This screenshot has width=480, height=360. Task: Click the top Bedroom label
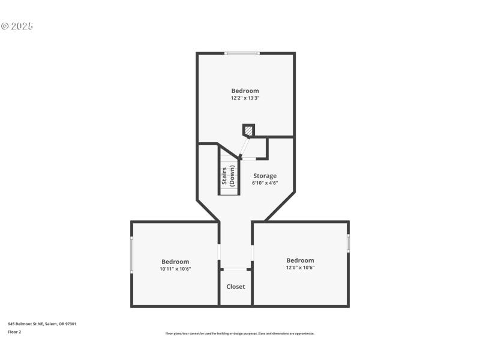coord(245,91)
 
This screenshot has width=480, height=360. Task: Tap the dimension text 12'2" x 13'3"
coord(245,98)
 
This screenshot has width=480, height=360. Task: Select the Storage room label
coord(265,176)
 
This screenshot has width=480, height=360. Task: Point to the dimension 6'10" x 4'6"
coord(265,182)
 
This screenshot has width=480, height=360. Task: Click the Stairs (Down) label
coord(228,175)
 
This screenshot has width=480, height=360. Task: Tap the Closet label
coord(235,287)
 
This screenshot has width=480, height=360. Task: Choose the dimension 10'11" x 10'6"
coord(175,269)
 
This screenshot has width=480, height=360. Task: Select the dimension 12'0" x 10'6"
coord(300,268)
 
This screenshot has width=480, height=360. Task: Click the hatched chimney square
coord(248,130)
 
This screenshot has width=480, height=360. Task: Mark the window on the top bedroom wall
coord(242,53)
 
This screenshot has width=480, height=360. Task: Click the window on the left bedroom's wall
coord(132,255)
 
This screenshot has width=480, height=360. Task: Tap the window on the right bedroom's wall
coord(348,242)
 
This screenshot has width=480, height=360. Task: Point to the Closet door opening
coord(235,269)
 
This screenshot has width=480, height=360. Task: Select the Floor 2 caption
coord(14,332)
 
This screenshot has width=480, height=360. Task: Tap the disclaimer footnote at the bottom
coord(239,334)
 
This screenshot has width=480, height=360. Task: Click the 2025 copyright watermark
coord(17,26)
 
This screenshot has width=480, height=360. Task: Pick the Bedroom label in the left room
coord(175,262)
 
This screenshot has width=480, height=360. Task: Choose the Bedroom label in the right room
coord(300,260)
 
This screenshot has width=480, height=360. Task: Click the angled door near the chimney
coord(244,148)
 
